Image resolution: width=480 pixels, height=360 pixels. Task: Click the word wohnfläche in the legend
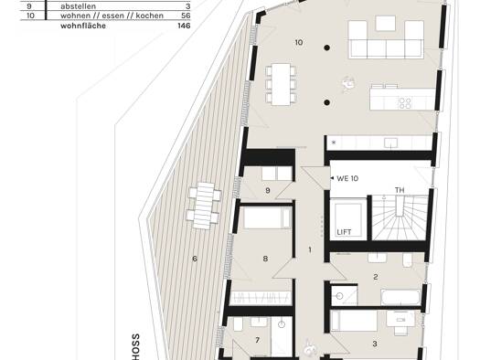click(83, 26)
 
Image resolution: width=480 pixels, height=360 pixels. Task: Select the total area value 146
click(184, 26)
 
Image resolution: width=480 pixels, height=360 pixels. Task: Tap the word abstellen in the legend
click(78, 6)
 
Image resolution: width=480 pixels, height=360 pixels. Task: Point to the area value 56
click(186, 16)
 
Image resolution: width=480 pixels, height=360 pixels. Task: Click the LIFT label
click(344, 232)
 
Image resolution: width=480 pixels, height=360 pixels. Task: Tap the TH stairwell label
click(400, 190)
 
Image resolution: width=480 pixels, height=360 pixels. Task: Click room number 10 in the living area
click(299, 42)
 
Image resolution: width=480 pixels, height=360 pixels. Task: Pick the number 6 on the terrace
click(195, 259)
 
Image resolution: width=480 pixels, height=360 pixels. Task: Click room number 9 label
click(268, 191)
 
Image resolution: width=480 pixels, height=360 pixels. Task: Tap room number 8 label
click(265, 259)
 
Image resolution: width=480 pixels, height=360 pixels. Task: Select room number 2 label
click(376, 277)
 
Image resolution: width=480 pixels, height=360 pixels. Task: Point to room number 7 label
click(258, 340)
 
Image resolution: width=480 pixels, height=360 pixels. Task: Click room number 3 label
click(375, 344)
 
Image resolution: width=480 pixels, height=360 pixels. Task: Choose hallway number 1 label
click(310, 249)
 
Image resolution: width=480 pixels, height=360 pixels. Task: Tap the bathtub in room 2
click(401, 297)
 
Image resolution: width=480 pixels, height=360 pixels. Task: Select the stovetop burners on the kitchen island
click(404, 103)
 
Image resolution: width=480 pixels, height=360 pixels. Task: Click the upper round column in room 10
click(327, 48)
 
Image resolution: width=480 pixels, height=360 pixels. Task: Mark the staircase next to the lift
click(400, 217)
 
